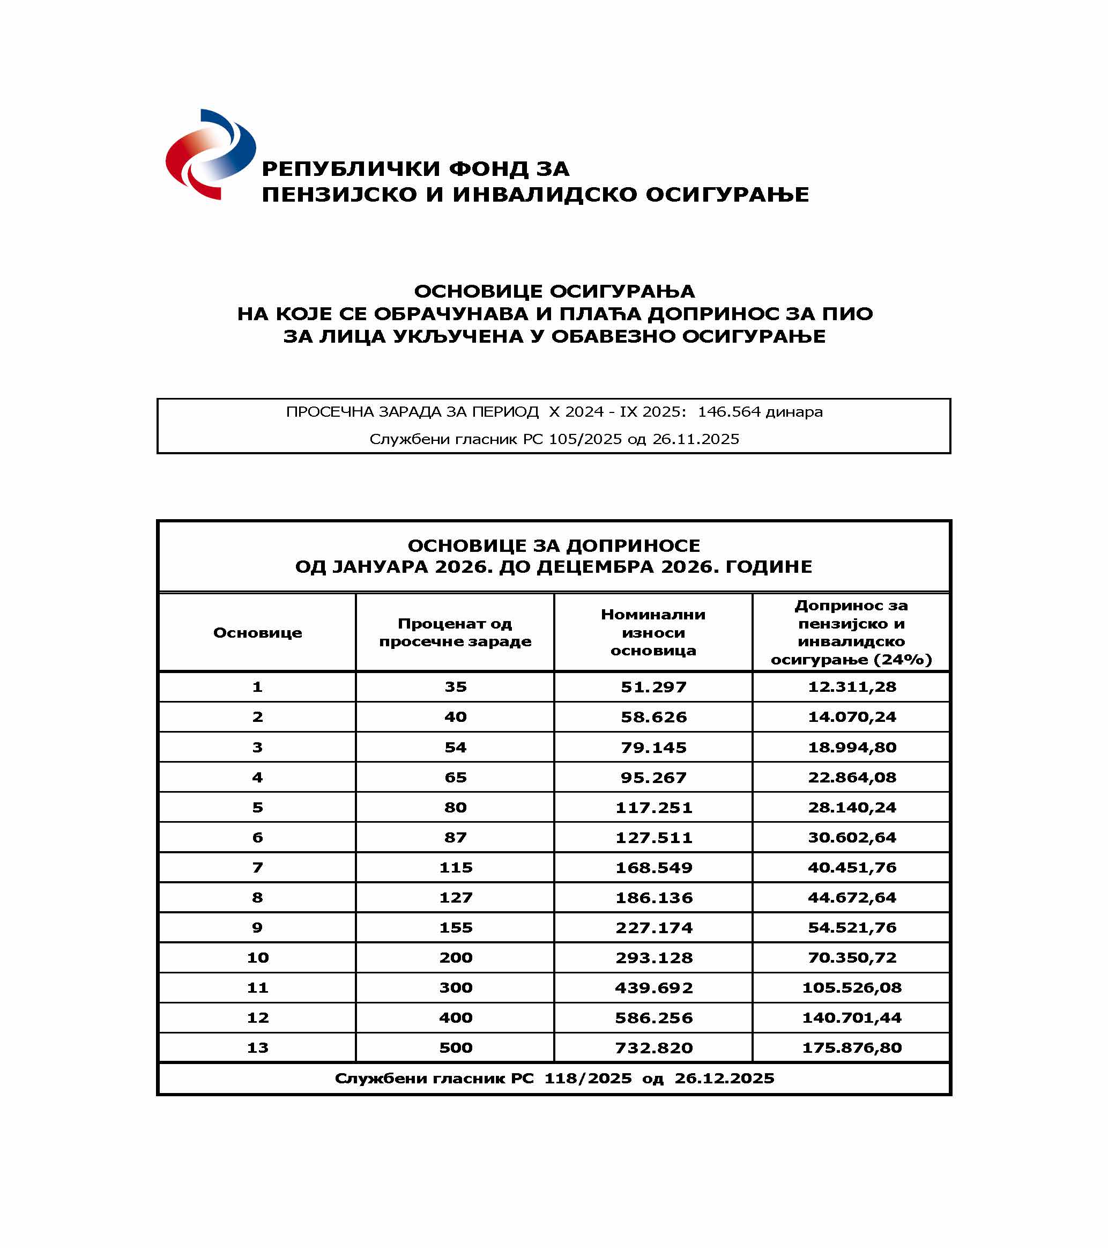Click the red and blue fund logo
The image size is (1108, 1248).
pyautogui.click(x=211, y=154)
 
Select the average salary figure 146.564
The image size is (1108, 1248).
pyautogui.click(x=729, y=411)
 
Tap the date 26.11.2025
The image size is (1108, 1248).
pyautogui.click(x=696, y=439)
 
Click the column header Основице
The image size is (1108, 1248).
pyautogui.click(x=257, y=632)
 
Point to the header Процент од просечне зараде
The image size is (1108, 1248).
pyautogui.click(x=455, y=632)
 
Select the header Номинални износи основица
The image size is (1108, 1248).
pyautogui.click(x=653, y=632)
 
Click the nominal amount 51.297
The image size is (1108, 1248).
pyautogui.click(x=653, y=687)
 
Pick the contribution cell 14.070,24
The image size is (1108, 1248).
pyautogui.click(x=852, y=717)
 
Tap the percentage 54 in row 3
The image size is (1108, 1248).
pyautogui.click(x=455, y=747)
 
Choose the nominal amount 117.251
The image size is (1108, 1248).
pyautogui.click(x=653, y=807)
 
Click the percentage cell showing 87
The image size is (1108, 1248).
pyautogui.click(x=455, y=837)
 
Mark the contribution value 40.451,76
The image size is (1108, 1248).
pyautogui.click(x=852, y=867)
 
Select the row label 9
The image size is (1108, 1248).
pyautogui.click(x=257, y=927)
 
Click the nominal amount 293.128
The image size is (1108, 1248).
pyautogui.click(x=653, y=957)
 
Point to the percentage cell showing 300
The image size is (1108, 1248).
pyautogui.click(x=455, y=987)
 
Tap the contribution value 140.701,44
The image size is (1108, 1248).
pyautogui.click(x=852, y=1017)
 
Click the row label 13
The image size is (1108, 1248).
pyautogui.click(x=257, y=1048)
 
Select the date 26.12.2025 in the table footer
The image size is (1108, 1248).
pyautogui.click(x=724, y=1079)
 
